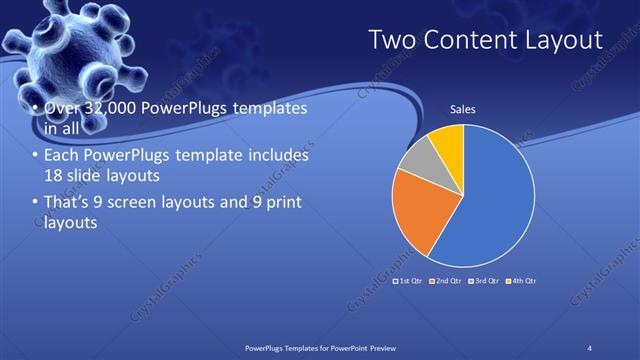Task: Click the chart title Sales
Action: [x=462, y=108]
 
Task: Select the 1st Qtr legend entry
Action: [x=411, y=281]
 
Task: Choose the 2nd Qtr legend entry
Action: [x=447, y=281]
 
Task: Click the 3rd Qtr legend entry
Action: [x=484, y=281]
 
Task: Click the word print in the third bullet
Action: [x=286, y=203]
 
